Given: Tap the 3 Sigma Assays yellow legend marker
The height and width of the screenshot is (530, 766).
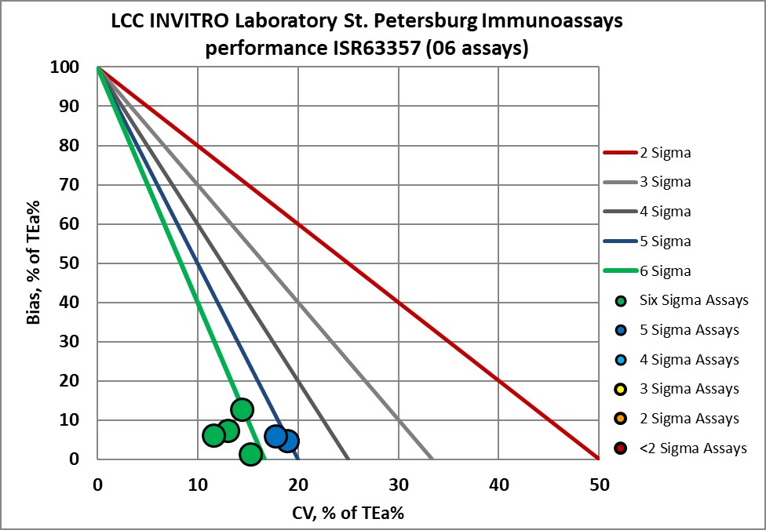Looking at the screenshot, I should pyautogui.click(x=622, y=389).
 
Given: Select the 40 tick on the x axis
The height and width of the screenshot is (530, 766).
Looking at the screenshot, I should pyautogui.click(x=498, y=485).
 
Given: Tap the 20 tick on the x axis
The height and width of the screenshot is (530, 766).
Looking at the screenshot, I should pyautogui.click(x=297, y=485).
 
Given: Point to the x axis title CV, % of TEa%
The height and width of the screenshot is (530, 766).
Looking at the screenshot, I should pyautogui.click(x=348, y=512).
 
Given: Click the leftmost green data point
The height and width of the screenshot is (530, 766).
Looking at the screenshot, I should pyautogui.click(x=213, y=435).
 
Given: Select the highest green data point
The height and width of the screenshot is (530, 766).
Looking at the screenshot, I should pyautogui.click(x=242, y=409).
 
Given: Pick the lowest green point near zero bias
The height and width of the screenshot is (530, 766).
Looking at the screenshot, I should pyautogui.click(x=250, y=454).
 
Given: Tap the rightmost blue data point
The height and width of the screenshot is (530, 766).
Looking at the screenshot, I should pyautogui.click(x=288, y=441).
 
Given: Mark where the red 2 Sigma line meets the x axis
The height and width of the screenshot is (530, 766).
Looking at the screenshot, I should pyautogui.click(x=599, y=459).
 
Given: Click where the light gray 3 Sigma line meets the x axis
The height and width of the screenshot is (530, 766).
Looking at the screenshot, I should pyautogui.click(x=432, y=459).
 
